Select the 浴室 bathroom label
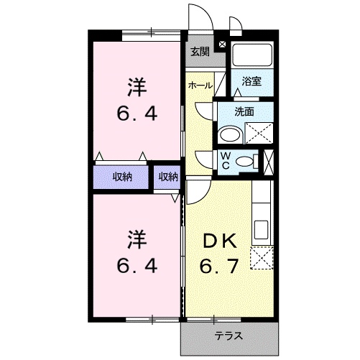coord(251,81)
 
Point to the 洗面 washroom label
coord(245,111)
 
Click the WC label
coord(226,160)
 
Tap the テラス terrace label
coord(228,336)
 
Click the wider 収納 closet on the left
coord(122,177)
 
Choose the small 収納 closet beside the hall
coord(168,177)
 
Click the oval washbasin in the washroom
coord(231,135)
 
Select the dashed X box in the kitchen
coord(262,257)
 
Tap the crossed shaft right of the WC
coord(269,160)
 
